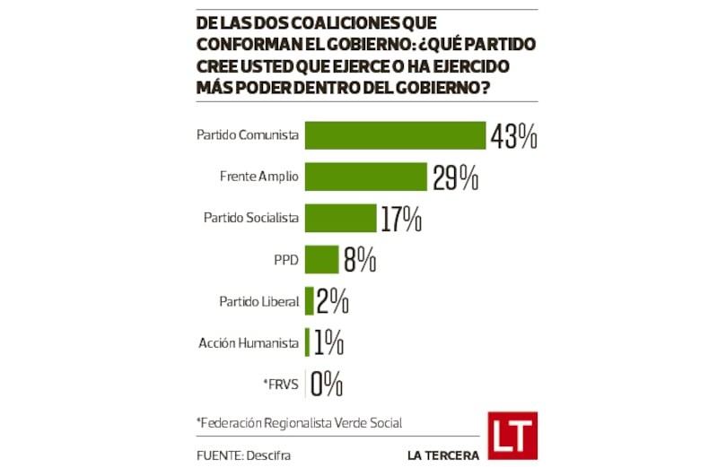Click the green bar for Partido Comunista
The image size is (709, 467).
(395, 135)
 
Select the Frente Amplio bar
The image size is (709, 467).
(365, 177)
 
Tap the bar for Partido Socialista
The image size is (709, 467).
(340, 218)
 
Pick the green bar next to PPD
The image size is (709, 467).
(321, 260)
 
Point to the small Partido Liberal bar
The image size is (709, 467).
(310, 301)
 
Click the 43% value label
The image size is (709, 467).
(513, 136)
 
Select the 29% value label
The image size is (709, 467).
(454, 177)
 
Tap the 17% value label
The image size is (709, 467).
(400, 219)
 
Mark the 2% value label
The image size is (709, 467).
(332, 301)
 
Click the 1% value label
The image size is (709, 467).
(328, 342)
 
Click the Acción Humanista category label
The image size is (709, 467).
(249, 342)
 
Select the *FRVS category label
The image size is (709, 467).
(281, 384)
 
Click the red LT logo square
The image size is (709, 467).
(513, 436)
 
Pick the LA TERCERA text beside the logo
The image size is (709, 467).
(442, 455)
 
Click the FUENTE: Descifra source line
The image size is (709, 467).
(243, 455)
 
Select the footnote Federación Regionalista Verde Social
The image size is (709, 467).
(299, 422)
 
